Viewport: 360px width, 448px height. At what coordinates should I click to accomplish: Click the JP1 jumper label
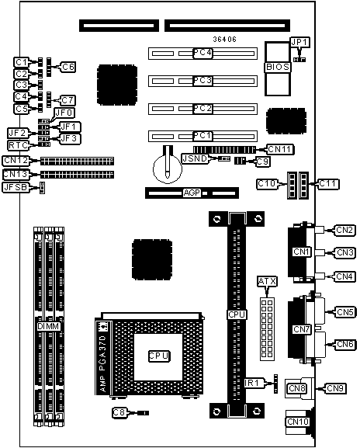[299, 42]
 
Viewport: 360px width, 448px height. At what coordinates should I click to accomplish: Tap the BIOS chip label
[278, 67]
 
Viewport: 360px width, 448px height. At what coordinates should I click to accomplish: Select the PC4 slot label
[202, 53]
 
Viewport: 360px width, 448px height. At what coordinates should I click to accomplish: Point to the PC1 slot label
[202, 136]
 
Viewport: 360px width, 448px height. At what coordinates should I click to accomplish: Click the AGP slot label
[192, 193]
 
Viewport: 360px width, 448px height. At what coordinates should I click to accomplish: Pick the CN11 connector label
[280, 149]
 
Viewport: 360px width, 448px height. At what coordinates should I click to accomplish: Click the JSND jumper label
[196, 158]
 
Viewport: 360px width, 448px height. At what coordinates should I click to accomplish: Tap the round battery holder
[168, 169]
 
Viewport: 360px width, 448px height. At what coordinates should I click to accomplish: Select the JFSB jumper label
[16, 187]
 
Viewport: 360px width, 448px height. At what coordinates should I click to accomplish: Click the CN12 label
[16, 160]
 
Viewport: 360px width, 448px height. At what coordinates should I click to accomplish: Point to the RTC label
[18, 145]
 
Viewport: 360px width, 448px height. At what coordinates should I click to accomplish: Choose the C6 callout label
[68, 67]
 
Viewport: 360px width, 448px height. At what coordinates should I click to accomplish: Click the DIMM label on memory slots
[49, 326]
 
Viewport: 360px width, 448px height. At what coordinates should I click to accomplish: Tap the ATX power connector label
[267, 282]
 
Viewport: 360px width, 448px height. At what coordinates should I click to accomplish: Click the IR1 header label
[251, 383]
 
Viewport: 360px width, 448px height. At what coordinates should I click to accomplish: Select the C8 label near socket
[119, 413]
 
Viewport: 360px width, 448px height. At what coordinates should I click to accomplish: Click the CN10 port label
[298, 422]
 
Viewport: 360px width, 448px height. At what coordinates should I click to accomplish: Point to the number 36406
[225, 40]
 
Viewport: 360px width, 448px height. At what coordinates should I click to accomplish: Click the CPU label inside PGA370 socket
[159, 356]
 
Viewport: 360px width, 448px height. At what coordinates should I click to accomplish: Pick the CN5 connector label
[345, 312]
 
